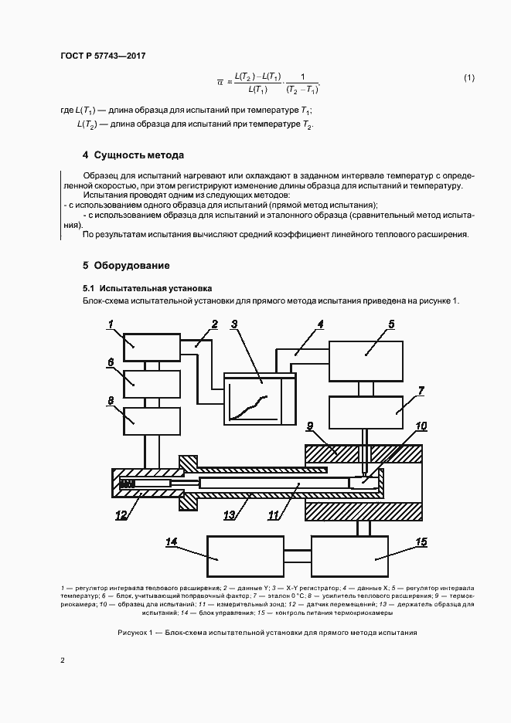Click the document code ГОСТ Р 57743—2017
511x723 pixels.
(x=102, y=56)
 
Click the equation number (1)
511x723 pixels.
(x=468, y=78)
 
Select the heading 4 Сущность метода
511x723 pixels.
(x=133, y=154)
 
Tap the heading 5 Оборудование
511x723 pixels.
(x=126, y=266)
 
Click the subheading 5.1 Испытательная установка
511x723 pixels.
(x=137, y=287)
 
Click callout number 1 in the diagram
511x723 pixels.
(x=110, y=324)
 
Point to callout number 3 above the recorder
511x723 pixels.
(x=234, y=324)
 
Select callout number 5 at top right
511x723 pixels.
(x=391, y=324)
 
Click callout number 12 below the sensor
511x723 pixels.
(x=122, y=515)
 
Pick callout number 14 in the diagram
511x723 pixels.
(x=172, y=542)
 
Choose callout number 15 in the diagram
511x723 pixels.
(x=421, y=542)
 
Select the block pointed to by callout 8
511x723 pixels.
(x=152, y=421)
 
